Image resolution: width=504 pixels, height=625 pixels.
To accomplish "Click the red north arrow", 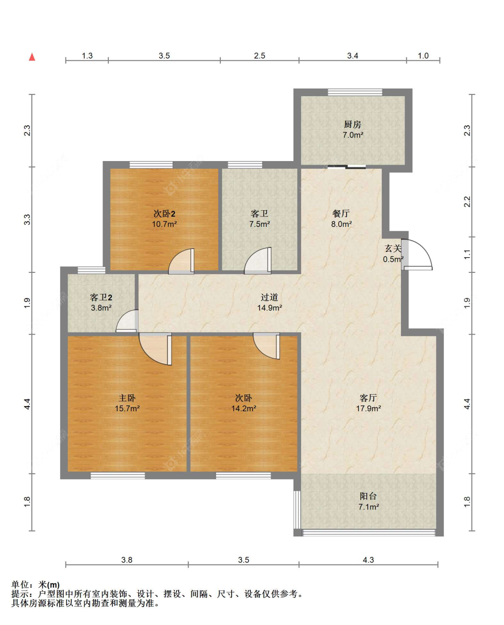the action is pos(32,57).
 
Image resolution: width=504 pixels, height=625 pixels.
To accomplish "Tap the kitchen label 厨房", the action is pos(352,124).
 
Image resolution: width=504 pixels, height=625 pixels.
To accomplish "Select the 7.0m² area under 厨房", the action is pos(353,135).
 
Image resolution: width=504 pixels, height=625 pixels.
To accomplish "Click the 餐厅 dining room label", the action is pos(341,213).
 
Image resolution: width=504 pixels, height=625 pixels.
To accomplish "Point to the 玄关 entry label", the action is pos(393,248).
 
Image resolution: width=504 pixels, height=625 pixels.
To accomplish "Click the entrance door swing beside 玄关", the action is pos(417,255).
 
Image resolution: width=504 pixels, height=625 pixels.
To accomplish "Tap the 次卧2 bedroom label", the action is pos(164,214).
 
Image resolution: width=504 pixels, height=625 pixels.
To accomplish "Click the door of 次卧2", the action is pos(181,261).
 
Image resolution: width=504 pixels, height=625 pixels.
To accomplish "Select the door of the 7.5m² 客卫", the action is pos(258,261).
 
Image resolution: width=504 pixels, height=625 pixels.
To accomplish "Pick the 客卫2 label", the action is pos(101,298).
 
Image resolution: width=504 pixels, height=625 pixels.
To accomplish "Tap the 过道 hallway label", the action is pos(269,297).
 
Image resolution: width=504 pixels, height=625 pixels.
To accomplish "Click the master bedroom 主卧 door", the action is pos(155,349).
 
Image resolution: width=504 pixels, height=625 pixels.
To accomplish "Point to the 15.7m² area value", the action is pos(127,408).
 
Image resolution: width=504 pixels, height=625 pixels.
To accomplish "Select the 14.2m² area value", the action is pos(244,408).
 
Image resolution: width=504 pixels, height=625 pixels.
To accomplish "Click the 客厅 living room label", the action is pos(368,398).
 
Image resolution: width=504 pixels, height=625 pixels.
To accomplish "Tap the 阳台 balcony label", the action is pos(368,496).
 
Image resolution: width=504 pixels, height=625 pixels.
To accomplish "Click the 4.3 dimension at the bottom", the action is pos(368,560).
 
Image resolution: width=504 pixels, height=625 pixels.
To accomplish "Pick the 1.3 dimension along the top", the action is pos(87,55).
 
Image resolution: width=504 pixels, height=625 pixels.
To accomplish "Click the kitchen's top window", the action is pos(355,92).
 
